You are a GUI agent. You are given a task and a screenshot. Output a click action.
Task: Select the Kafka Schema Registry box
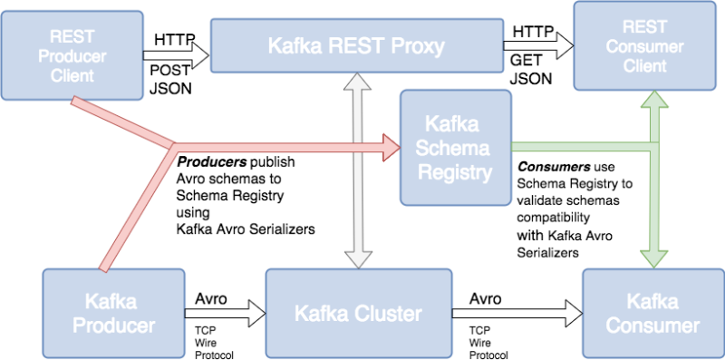tap(455, 146)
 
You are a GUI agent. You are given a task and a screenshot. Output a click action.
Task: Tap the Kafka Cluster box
tap(358, 314)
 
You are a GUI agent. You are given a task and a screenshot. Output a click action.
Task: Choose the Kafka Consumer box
tap(652, 313)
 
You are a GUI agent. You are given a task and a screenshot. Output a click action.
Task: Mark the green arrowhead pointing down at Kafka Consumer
tap(652, 257)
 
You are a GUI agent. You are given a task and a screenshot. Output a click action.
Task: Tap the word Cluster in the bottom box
tap(389, 314)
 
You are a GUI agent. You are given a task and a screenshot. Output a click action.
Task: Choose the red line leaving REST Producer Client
tap(118, 122)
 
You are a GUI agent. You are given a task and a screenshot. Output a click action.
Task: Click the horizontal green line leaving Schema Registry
tap(580, 146)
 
